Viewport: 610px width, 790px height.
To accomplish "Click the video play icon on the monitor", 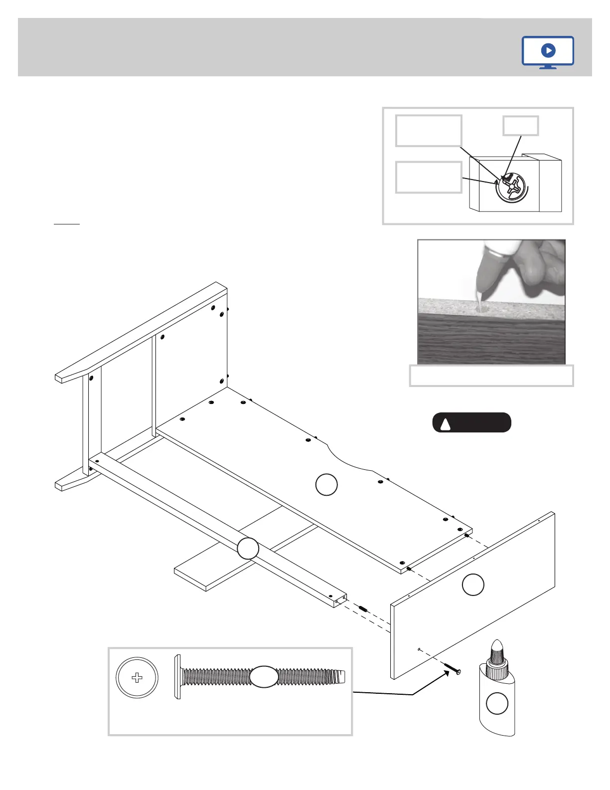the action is (x=548, y=50).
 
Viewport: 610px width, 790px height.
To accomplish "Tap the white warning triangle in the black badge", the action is (x=446, y=424).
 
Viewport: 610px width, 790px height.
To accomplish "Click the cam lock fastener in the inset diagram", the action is (x=512, y=188).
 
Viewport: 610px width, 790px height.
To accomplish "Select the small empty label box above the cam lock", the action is (x=520, y=126).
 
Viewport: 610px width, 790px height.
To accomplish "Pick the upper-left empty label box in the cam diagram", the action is (x=429, y=131).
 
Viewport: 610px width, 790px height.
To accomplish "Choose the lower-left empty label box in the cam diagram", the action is (x=429, y=177).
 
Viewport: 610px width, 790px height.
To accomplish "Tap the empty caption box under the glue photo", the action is (x=491, y=376).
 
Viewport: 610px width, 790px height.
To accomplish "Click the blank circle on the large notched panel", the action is (x=326, y=485).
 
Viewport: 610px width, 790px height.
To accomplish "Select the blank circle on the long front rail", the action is (x=248, y=549).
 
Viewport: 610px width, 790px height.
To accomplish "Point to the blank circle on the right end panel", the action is (x=473, y=585).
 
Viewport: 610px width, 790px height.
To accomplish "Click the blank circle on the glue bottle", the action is (x=497, y=704).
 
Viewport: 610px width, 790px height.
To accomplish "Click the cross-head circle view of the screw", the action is (x=137, y=678).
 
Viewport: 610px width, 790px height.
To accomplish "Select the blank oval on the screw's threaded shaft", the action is (x=264, y=677).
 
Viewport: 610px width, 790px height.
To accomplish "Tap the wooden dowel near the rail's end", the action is (x=363, y=609).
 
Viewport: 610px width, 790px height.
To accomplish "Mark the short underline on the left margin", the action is (x=66, y=224).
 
